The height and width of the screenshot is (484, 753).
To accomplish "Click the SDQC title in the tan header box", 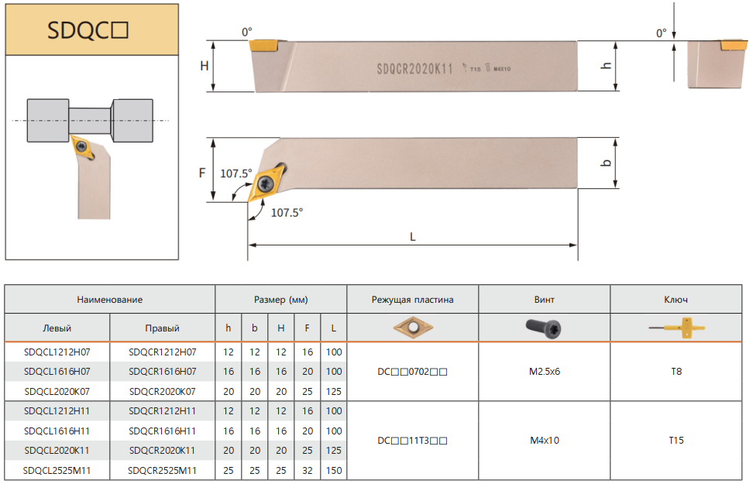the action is pos(88,30).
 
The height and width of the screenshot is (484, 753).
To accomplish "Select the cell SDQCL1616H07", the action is pos(57,372).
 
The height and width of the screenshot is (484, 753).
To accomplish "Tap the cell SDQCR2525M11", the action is pos(163,471).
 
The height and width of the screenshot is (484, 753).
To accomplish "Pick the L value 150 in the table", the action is pos(334,471).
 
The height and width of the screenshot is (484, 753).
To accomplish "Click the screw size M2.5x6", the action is pos(545,372).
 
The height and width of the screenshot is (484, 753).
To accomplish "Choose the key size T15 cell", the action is pos(676,441).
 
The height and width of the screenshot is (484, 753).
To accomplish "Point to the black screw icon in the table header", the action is pos(544,328).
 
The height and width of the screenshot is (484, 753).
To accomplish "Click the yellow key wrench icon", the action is pos(677,328).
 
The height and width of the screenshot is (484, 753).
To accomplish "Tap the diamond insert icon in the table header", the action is pos(413,328).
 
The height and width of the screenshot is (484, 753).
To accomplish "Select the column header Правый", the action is pos(163,328).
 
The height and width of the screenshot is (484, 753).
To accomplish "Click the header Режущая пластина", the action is pos(412,300).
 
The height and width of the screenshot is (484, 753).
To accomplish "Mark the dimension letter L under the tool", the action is pos(412,237).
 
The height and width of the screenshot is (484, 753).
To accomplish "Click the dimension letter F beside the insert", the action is pos(202,173).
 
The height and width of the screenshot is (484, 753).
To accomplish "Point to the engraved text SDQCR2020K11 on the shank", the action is pos(415,69).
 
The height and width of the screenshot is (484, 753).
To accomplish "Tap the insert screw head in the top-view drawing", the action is pos(266,183).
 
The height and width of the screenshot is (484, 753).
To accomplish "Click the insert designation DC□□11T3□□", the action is pos(412,441).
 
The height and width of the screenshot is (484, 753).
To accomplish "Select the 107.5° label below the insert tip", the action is pos(287,213).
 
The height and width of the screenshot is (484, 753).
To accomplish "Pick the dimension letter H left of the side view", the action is pos(205,66).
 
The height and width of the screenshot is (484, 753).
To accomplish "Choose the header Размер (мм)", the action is pos(281,300).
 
